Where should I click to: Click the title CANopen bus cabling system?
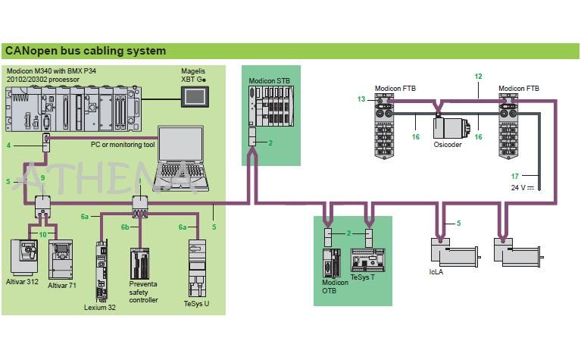(x=85, y=52)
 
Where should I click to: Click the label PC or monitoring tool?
(x=123, y=144)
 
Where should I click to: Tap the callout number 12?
(x=478, y=77)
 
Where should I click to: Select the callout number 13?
(x=361, y=99)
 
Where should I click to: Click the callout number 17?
(x=514, y=176)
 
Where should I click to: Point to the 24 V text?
(x=517, y=187)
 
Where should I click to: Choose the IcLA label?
(x=436, y=271)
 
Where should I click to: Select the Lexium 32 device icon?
(x=101, y=270)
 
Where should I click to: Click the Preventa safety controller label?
(x=143, y=293)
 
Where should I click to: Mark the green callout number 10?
(x=43, y=235)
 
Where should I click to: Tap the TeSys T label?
(x=362, y=277)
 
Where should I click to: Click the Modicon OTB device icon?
(x=329, y=262)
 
